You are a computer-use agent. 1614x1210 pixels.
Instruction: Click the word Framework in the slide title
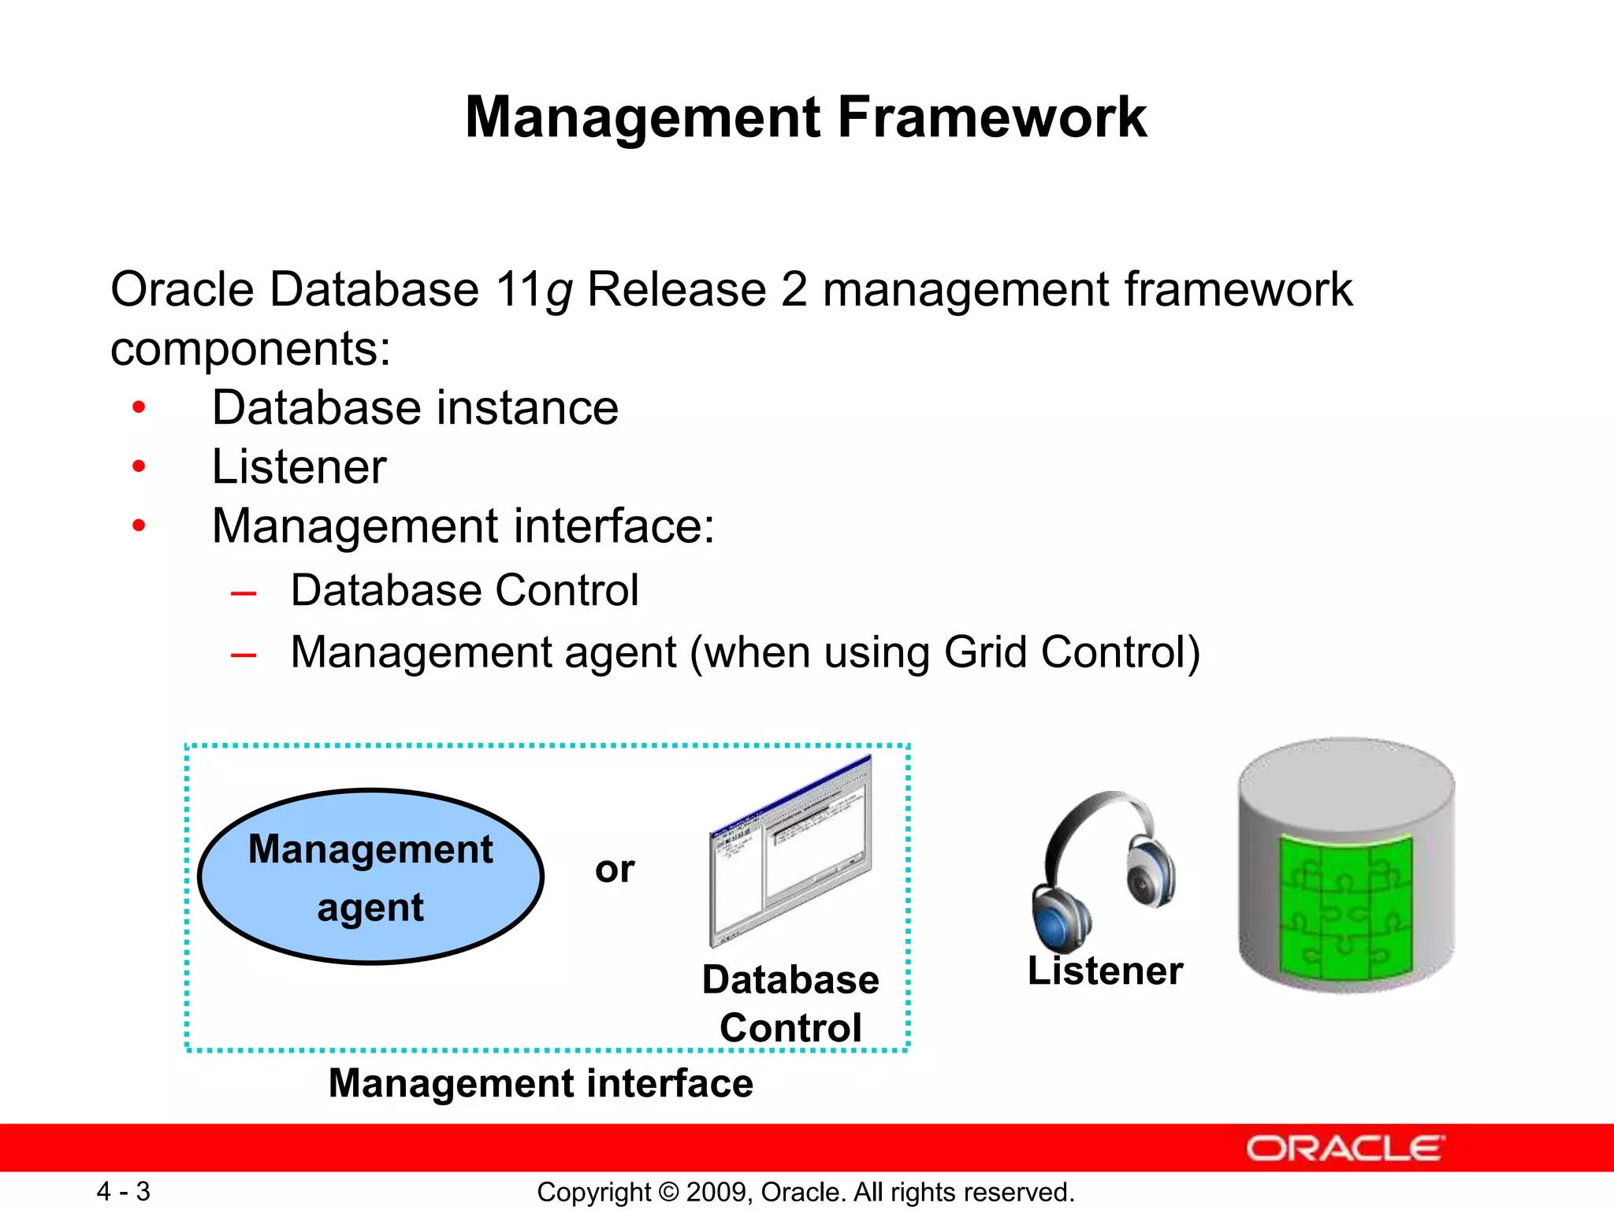[991, 118]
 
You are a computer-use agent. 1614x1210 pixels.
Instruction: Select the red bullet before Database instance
[139, 407]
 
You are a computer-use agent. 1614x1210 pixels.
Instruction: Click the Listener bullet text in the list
[299, 466]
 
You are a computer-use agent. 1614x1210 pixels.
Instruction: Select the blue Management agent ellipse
[370, 877]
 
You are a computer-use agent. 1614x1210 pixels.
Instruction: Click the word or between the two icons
[615, 869]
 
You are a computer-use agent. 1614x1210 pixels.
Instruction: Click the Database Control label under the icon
[790, 1004]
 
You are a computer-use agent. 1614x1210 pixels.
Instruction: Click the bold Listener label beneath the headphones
[1105, 971]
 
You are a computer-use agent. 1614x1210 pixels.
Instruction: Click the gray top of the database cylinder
[1345, 780]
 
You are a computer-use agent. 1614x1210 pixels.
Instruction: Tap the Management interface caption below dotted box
[541, 1083]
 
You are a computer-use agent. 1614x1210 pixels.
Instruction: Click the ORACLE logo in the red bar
[1344, 1149]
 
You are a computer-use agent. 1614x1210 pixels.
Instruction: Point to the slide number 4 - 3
[123, 1191]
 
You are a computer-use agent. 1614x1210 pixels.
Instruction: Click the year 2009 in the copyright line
[712, 1192]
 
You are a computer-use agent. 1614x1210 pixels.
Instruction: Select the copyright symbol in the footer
[668, 1192]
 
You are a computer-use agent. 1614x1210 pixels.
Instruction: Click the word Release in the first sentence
[676, 289]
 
